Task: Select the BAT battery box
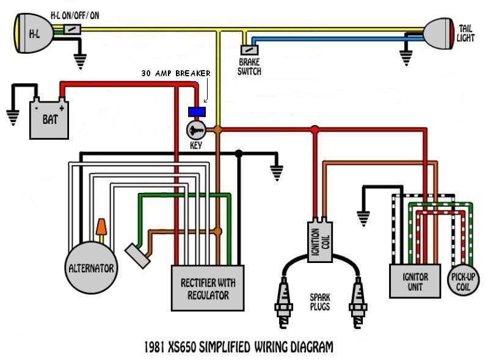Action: tap(50, 118)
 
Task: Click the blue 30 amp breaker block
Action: tap(197, 112)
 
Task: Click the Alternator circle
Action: tap(92, 267)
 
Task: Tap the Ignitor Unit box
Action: tap(415, 281)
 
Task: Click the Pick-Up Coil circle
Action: tap(464, 281)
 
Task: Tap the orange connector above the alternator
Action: tap(101, 229)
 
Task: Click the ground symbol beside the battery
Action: tap(12, 115)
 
